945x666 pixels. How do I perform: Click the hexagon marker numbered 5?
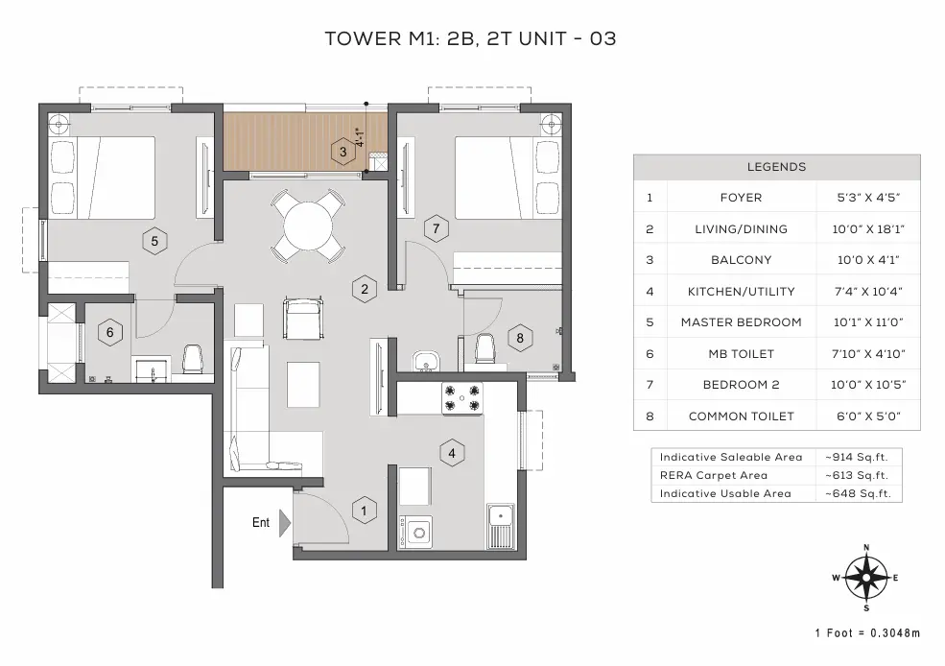pyautogui.click(x=155, y=241)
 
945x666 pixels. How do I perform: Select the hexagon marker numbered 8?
pyautogui.click(x=519, y=338)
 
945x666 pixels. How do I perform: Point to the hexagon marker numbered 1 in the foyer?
pyautogui.click(x=364, y=511)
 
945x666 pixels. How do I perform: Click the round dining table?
pyautogui.click(x=309, y=225)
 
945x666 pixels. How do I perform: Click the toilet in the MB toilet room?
pyautogui.click(x=192, y=360)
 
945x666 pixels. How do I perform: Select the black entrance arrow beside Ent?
pyautogui.click(x=285, y=523)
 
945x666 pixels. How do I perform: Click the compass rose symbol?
pyautogui.click(x=866, y=578)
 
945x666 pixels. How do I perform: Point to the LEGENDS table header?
pyautogui.click(x=776, y=167)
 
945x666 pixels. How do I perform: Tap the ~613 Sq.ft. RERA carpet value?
pyautogui.click(x=857, y=475)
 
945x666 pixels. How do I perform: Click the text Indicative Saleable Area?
pyautogui.click(x=730, y=457)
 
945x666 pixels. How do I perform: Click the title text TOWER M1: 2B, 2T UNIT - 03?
pyautogui.click(x=470, y=39)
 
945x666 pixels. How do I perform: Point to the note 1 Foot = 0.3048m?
pyautogui.click(x=867, y=632)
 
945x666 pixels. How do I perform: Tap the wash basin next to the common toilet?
pyautogui.click(x=425, y=361)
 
